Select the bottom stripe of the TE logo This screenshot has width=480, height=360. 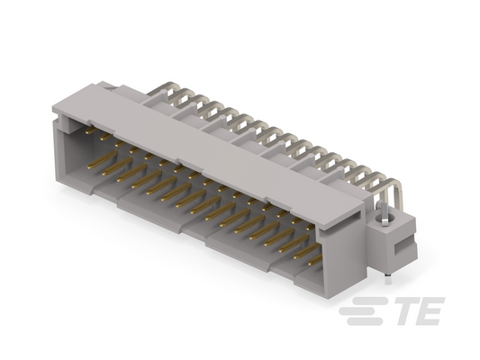click(x=365, y=321)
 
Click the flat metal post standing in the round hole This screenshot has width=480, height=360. click(x=383, y=212)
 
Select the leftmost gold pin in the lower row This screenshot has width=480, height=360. click(x=103, y=158)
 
